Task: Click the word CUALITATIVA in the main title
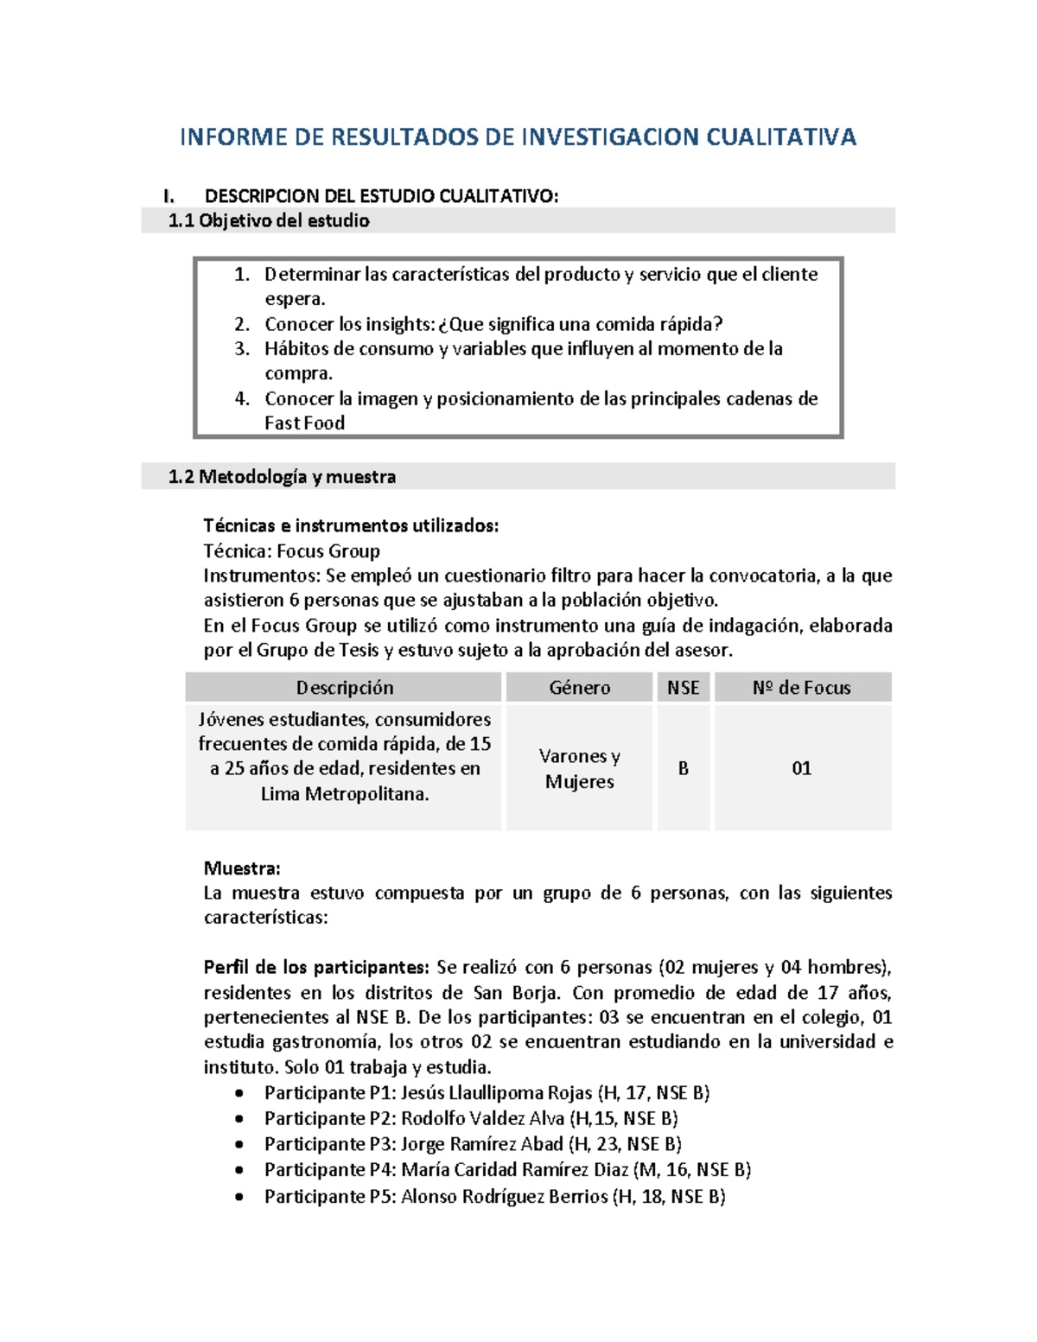pos(781,137)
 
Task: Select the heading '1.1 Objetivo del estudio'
pos(269,221)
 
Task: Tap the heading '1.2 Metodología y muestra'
pos(282,477)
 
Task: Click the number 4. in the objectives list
pos(242,399)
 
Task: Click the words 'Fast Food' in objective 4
pos(304,423)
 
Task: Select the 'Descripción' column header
pos(344,688)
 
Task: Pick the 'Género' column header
pos(579,688)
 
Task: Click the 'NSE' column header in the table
pos(683,688)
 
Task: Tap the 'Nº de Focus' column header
pos(801,688)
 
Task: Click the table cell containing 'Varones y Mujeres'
pos(579,768)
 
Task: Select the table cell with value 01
pos(801,768)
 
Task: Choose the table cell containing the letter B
pos(683,768)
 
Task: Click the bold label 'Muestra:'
pos(242,868)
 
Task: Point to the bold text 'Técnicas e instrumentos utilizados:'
pos(351,526)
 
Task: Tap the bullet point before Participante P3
pos(239,1145)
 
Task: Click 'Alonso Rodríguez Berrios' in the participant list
pos(505,1197)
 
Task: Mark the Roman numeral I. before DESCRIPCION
pos(169,196)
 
